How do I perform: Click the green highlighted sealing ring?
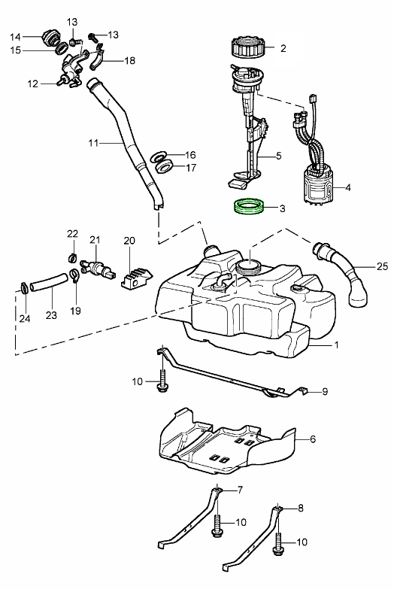pos(248,211)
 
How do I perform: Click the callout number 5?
pos(278,156)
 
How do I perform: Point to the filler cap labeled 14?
pos(50,38)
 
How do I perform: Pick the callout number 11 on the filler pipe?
pos(93,143)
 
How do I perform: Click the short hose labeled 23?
pos(49,283)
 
